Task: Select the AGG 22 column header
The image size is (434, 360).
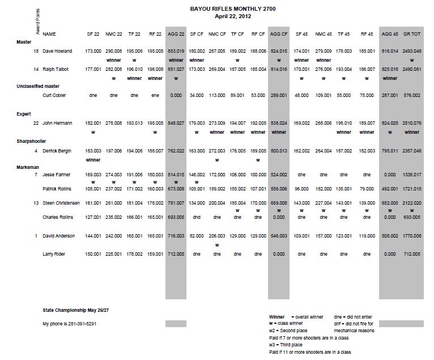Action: pos(176,34)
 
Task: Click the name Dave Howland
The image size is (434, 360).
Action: pos(58,51)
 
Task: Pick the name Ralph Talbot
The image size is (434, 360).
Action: pos(56,69)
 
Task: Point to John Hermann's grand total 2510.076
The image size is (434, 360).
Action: pos(412,122)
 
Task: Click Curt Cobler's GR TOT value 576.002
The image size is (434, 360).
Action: pos(412,95)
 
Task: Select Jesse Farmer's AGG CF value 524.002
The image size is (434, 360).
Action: pos(279,174)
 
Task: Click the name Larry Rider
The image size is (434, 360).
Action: pos(55,255)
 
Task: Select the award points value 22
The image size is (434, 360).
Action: pos(36,122)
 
